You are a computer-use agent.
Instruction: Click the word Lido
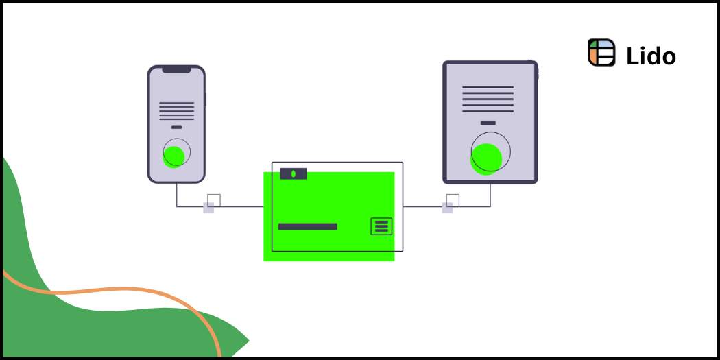coord(651,56)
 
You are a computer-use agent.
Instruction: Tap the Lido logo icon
coord(601,53)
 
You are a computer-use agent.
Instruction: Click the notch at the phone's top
coord(176,69)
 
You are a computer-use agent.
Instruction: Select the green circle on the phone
coord(173,156)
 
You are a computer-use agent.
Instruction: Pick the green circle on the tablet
coord(486,158)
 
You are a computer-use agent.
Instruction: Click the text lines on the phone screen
coord(176,111)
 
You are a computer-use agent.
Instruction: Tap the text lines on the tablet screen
coord(488,99)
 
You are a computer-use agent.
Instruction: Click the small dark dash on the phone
coord(176,128)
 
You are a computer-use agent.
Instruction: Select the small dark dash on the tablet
coord(488,123)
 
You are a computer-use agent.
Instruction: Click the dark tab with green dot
coord(293,173)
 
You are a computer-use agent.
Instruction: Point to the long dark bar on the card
coord(307,226)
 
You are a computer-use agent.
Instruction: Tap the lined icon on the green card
coord(381,226)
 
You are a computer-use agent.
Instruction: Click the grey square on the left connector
coord(208,208)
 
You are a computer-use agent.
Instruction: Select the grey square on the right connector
coord(447,208)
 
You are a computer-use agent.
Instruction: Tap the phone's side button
coord(205,99)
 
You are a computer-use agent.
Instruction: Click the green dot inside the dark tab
coord(293,173)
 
